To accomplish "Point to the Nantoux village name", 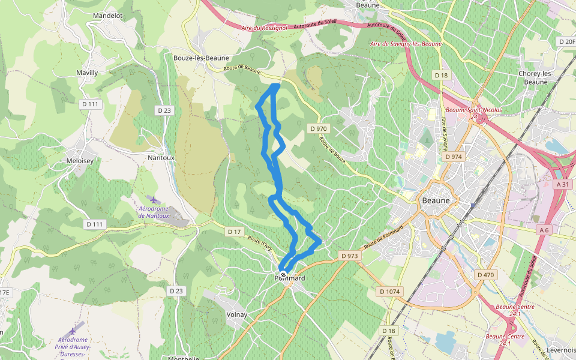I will click(161, 158).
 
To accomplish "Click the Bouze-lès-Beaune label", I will click(201, 58).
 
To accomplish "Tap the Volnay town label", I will click(237, 314).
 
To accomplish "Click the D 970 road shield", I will click(319, 128).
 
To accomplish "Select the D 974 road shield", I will click(454, 157).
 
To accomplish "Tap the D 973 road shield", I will click(349, 256).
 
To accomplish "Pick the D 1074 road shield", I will click(389, 292).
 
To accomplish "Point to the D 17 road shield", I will click(234, 232).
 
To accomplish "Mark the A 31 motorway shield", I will click(562, 185).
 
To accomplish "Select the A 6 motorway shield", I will click(544, 230).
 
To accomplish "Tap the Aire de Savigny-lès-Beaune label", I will click(406, 44).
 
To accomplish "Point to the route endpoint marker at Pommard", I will click(283, 275).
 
